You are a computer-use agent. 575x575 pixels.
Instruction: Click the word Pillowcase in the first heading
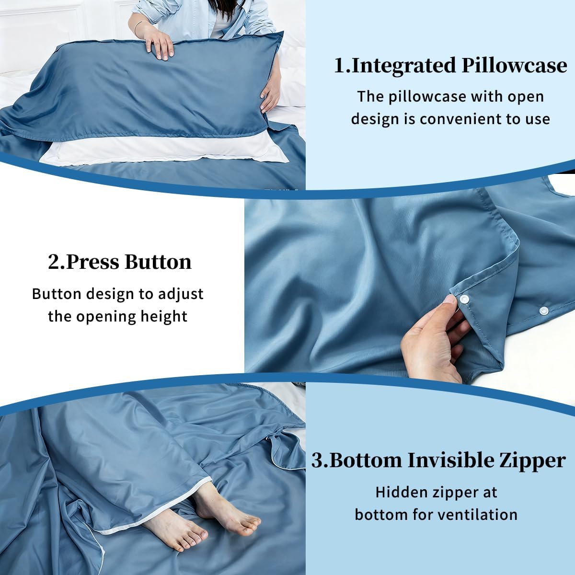(x=515, y=65)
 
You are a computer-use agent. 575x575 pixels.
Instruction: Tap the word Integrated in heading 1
(x=404, y=66)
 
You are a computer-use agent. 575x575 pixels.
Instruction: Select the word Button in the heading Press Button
(x=158, y=262)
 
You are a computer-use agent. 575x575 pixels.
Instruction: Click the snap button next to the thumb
(x=464, y=299)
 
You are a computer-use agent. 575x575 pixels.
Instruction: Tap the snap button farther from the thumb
(x=544, y=310)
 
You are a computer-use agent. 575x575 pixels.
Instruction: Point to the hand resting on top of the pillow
(x=159, y=44)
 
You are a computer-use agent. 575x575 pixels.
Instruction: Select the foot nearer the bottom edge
(x=176, y=528)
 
